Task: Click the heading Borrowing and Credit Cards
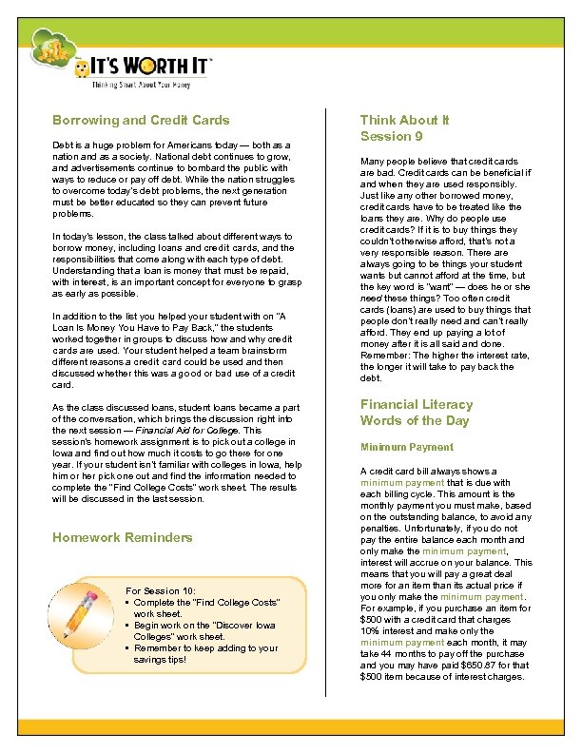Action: tap(141, 121)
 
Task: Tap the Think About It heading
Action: tap(404, 121)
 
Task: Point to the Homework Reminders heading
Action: tap(122, 537)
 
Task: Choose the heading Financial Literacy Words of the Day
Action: tap(416, 412)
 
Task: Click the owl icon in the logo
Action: tap(84, 68)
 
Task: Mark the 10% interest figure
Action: tap(371, 632)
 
